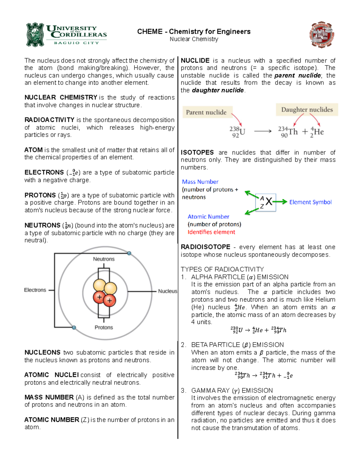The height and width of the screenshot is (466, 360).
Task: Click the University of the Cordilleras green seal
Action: click(35, 35)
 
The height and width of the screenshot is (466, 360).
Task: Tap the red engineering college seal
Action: click(322, 35)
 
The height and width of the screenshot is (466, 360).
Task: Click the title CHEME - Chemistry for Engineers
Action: click(194, 32)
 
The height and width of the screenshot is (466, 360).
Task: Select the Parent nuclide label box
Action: click(206, 112)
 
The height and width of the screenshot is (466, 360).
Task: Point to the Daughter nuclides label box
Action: click(307, 110)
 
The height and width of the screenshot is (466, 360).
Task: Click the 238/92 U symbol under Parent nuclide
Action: click(238, 132)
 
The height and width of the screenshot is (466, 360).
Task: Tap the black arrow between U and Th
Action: click(262, 131)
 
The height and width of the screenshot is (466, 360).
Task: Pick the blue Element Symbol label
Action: click(310, 202)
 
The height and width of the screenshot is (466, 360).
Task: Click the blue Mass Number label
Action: click(200, 182)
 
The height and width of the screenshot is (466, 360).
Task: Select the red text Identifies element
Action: click(211, 232)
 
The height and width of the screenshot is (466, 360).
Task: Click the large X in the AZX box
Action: click(269, 202)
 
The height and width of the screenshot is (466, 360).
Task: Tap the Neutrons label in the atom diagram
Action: click(103, 259)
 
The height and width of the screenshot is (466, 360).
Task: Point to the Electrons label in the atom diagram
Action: click(35, 290)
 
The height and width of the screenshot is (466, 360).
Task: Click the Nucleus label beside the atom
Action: click(167, 291)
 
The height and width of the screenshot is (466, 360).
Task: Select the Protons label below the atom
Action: click(104, 327)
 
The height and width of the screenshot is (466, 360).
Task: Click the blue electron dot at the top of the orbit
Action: click(129, 253)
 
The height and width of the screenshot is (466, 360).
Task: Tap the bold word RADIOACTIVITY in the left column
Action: click(49, 120)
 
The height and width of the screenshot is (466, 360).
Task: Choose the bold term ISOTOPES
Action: click(197, 152)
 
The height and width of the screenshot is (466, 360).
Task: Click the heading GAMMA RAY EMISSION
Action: click(232, 390)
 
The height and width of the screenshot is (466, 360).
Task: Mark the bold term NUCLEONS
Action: click(42, 353)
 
